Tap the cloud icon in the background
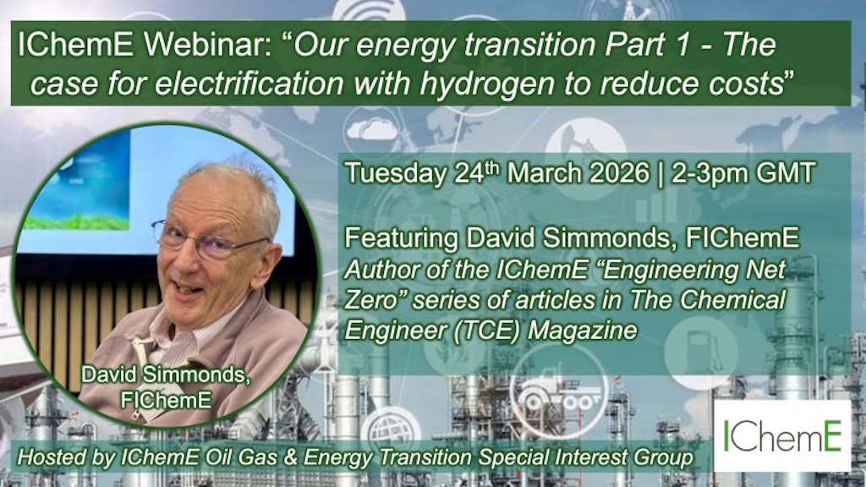click(x=372, y=129)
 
